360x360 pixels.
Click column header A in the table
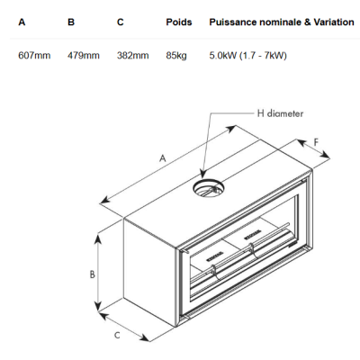click(22, 22)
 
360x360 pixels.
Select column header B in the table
click(71, 22)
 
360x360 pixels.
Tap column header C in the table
click(121, 22)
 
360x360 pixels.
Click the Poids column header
click(179, 22)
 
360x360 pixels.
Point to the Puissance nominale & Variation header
click(282, 22)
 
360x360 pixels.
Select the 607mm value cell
click(34, 56)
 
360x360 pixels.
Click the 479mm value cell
click(84, 56)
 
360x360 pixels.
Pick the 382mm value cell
click(132, 56)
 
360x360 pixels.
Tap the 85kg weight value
click(176, 56)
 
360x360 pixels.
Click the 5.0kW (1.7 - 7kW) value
click(248, 56)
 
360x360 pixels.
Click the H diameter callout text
click(280, 113)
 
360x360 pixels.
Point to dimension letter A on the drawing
click(162, 158)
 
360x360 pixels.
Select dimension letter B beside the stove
click(93, 274)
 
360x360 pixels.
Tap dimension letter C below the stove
click(117, 335)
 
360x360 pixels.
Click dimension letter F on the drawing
click(316, 142)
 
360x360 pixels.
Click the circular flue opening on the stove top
click(208, 188)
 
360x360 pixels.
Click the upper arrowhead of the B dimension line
click(98, 239)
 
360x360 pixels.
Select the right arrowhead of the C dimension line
click(145, 337)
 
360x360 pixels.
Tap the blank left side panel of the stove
click(149, 272)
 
